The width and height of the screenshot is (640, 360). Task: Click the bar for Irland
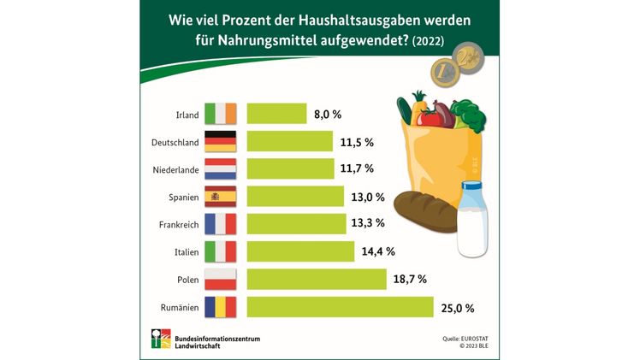pos(276,114)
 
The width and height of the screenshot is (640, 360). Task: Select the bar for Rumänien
pos(340,307)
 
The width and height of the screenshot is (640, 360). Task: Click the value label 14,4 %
pos(378,251)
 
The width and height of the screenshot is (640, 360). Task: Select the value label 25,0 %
pos(457,307)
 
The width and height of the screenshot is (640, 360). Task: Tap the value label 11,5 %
pos(357,141)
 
